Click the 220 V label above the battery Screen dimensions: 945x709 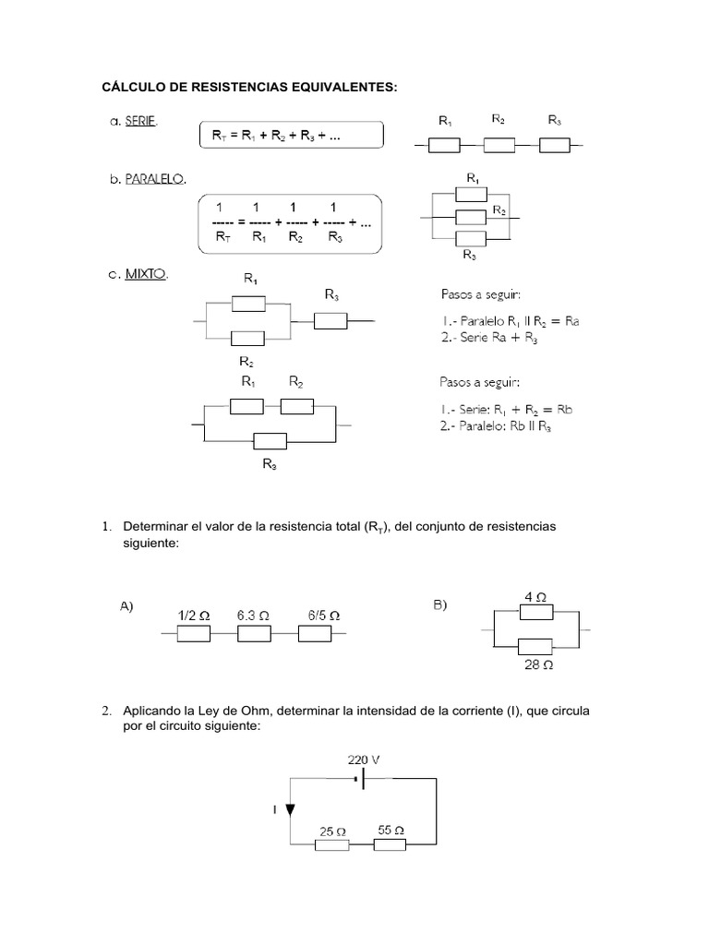363,760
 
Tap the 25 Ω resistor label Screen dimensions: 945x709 331,831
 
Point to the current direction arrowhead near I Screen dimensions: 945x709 290,809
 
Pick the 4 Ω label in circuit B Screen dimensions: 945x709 535,597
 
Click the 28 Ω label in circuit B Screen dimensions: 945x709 538,664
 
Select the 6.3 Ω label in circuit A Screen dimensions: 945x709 253,615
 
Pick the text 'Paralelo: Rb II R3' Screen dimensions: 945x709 506,426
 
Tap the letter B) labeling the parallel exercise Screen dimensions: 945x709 439,604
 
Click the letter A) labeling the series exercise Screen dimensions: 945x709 126,605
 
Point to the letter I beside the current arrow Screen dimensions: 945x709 274,809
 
